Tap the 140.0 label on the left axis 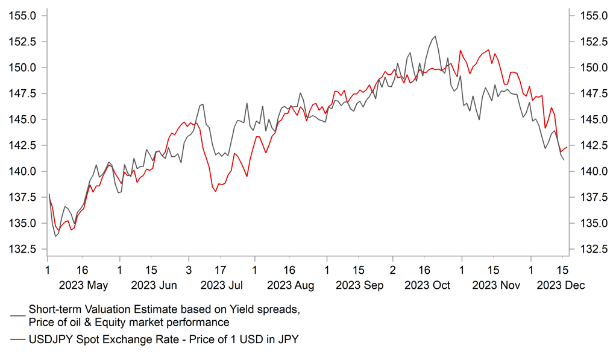(22, 171)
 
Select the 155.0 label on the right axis (592, 16)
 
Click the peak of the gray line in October (435, 37)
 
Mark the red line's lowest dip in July (216, 191)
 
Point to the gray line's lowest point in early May (56, 236)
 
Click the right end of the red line (567, 147)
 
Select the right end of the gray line (564, 160)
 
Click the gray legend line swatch (17, 315)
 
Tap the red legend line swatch (17, 340)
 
